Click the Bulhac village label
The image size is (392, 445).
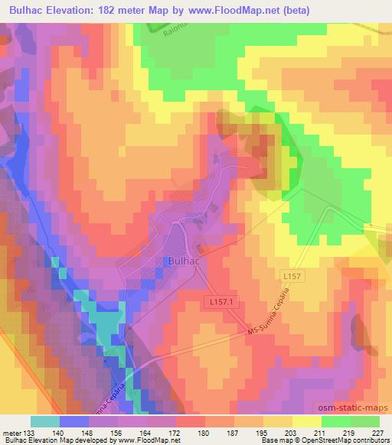[x=182, y=261]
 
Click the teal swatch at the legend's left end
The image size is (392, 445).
[x=45, y=421]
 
